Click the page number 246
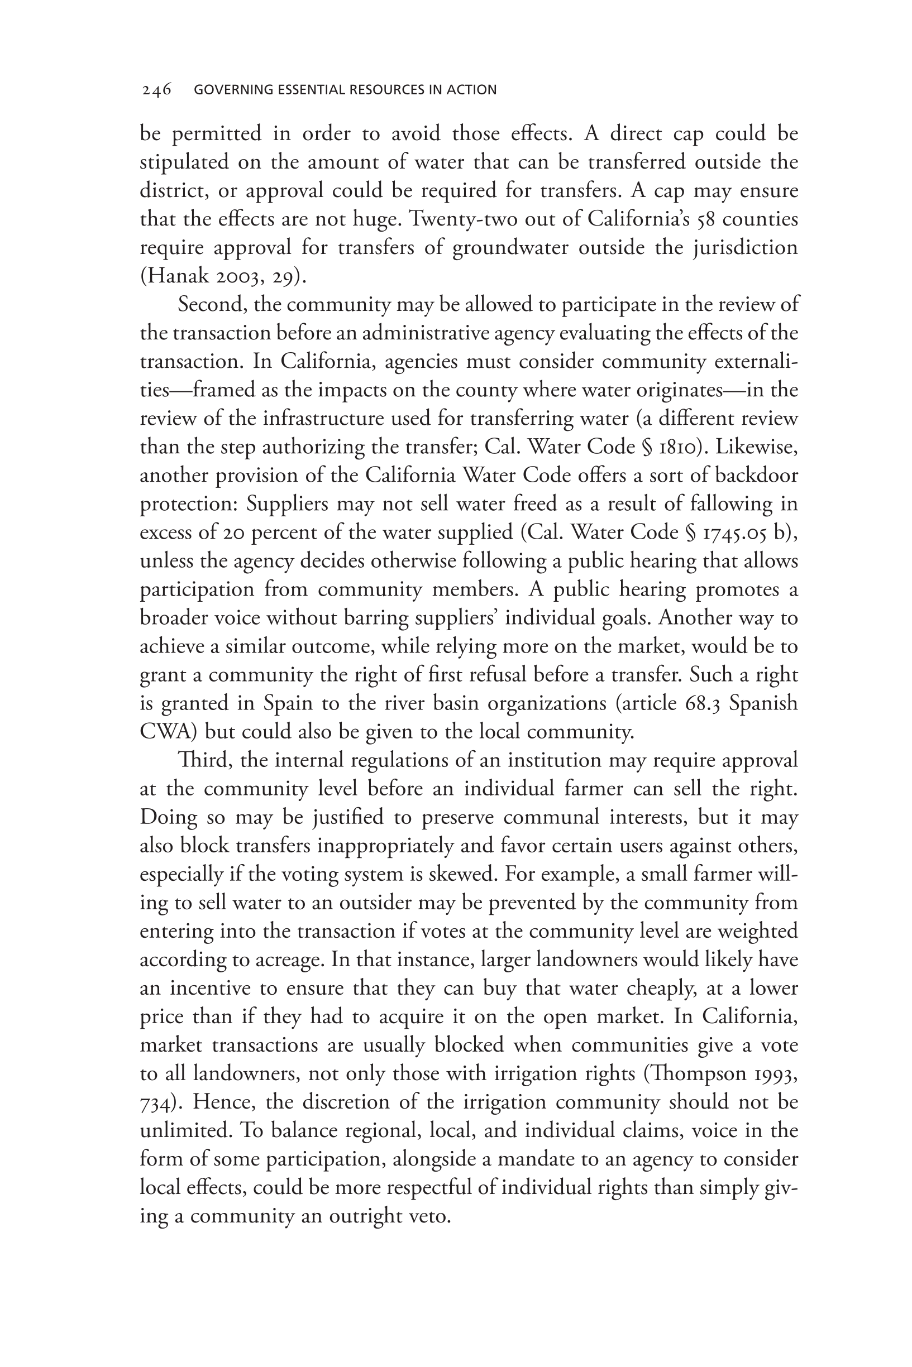click(156, 89)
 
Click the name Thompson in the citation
click(705, 1073)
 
